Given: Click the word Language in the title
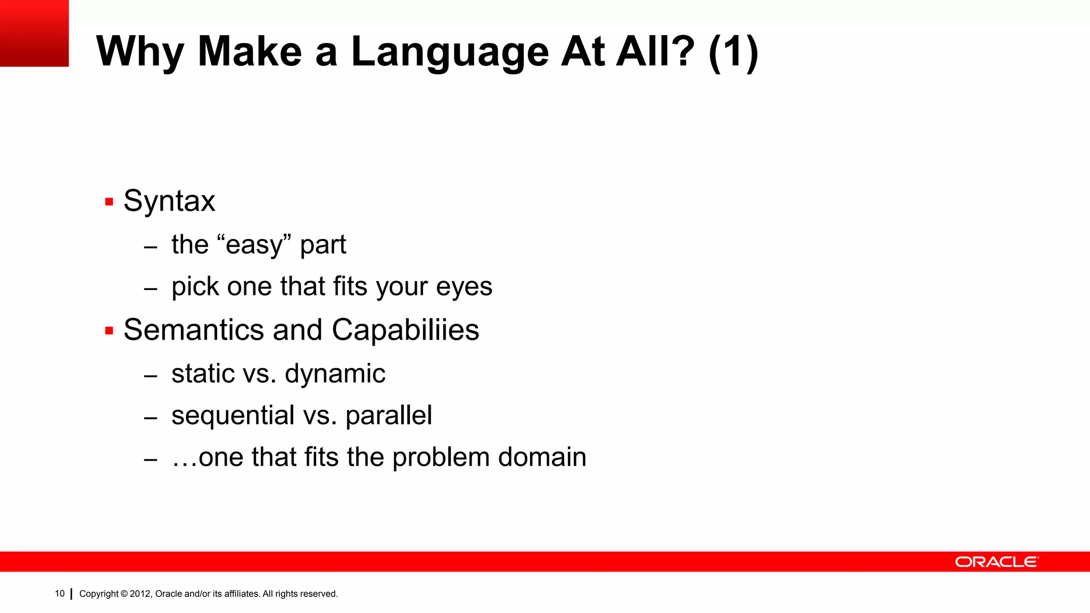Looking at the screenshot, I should click(x=450, y=52).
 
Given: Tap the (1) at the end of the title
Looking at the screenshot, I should click(x=733, y=52).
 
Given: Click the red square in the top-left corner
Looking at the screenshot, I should click(x=34, y=33).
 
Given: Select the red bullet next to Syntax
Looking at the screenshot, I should click(x=110, y=202).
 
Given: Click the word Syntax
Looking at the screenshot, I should click(x=169, y=201).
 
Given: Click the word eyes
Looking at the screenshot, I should click(x=464, y=287).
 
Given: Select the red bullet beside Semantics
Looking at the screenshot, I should click(x=110, y=331).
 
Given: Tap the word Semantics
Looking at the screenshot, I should click(x=194, y=330).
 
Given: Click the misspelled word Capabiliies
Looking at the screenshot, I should click(x=406, y=330).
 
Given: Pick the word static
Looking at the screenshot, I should click(x=203, y=374).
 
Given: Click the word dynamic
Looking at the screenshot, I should click(x=335, y=374).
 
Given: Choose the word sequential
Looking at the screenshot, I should click(x=233, y=416).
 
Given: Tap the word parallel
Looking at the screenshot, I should click(x=389, y=416).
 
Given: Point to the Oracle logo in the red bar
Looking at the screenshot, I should click(x=996, y=562).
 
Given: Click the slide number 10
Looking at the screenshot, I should click(x=60, y=594).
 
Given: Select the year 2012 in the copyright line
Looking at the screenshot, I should click(x=141, y=594).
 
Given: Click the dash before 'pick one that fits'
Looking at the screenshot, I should click(x=151, y=289).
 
